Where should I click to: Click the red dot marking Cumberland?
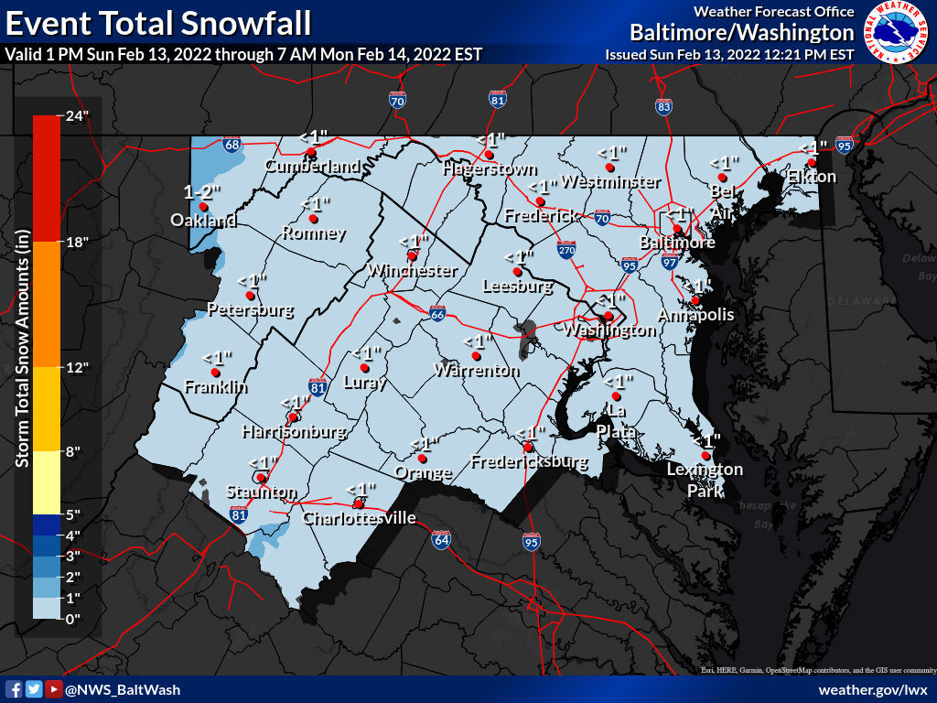pos(311,152)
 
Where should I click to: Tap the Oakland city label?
pos(203,221)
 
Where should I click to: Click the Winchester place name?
pos(413,271)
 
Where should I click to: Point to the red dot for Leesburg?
pos(517,272)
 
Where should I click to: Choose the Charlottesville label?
pos(360,519)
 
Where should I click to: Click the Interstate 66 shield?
pos(438,314)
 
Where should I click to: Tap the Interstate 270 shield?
pos(567,249)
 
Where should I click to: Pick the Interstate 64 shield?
pos(441,539)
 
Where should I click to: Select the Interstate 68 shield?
pos(232,145)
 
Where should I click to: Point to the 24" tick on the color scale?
pos(74,116)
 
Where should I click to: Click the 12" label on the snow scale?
pos(74,368)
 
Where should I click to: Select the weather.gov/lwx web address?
pos(873,689)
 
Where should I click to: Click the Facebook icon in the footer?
pos(14,689)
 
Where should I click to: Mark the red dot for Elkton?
pos(811,163)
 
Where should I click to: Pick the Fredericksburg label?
pos(529,462)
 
